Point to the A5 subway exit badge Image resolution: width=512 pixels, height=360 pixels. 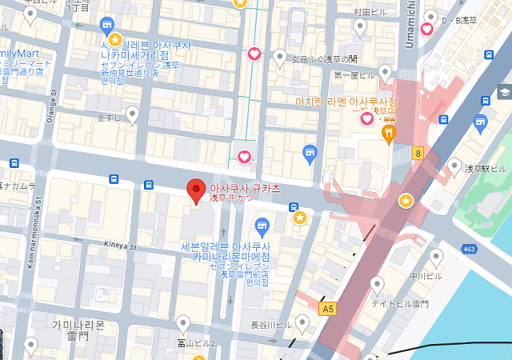coord(327,307)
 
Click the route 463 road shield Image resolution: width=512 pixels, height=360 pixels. coord(492,250)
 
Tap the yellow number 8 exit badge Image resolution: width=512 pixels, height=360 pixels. coord(418,152)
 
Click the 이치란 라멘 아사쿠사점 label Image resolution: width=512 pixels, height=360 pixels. coord(346,102)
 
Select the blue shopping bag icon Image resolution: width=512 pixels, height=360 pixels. coord(310,152)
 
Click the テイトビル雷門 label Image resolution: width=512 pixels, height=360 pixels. coord(400,304)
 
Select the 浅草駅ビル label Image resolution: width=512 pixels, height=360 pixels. coord(486,169)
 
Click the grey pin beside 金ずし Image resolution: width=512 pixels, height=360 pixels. coord(133,115)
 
